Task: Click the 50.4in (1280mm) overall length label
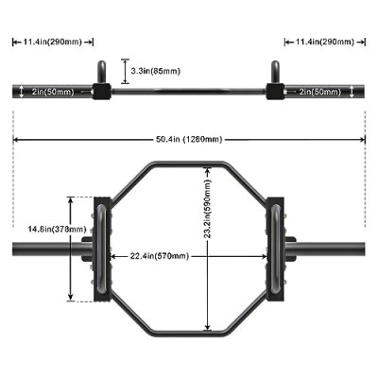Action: click(x=189, y=139)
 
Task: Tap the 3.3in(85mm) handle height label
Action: click(x=156, y=71)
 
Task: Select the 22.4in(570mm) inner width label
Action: click(x=160, y=256)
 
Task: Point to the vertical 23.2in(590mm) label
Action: click(x=207, y=209)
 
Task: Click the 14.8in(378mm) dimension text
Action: click(x=57, y=229)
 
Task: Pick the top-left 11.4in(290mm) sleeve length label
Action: click(x=53, y=42)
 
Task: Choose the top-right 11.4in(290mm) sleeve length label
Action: click(x=325, y=42)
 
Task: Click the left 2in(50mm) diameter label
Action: click(x=53, y=92)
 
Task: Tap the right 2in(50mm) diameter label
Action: click(x=320, y=92)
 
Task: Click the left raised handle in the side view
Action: click(x=101, y=72)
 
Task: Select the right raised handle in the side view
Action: click(x=275, y=72)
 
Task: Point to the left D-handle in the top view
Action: click(x=102, y=249)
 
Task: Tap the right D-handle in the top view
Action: click(x=275, y=249)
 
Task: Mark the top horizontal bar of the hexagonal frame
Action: click(x=189, y=164)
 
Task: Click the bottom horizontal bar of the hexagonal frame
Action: click(x=189, y=334)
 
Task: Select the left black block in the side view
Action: click(x=102, y=92)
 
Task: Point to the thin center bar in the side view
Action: click(x=189, y=92)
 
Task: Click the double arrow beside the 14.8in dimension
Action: click(x=71, y=249)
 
